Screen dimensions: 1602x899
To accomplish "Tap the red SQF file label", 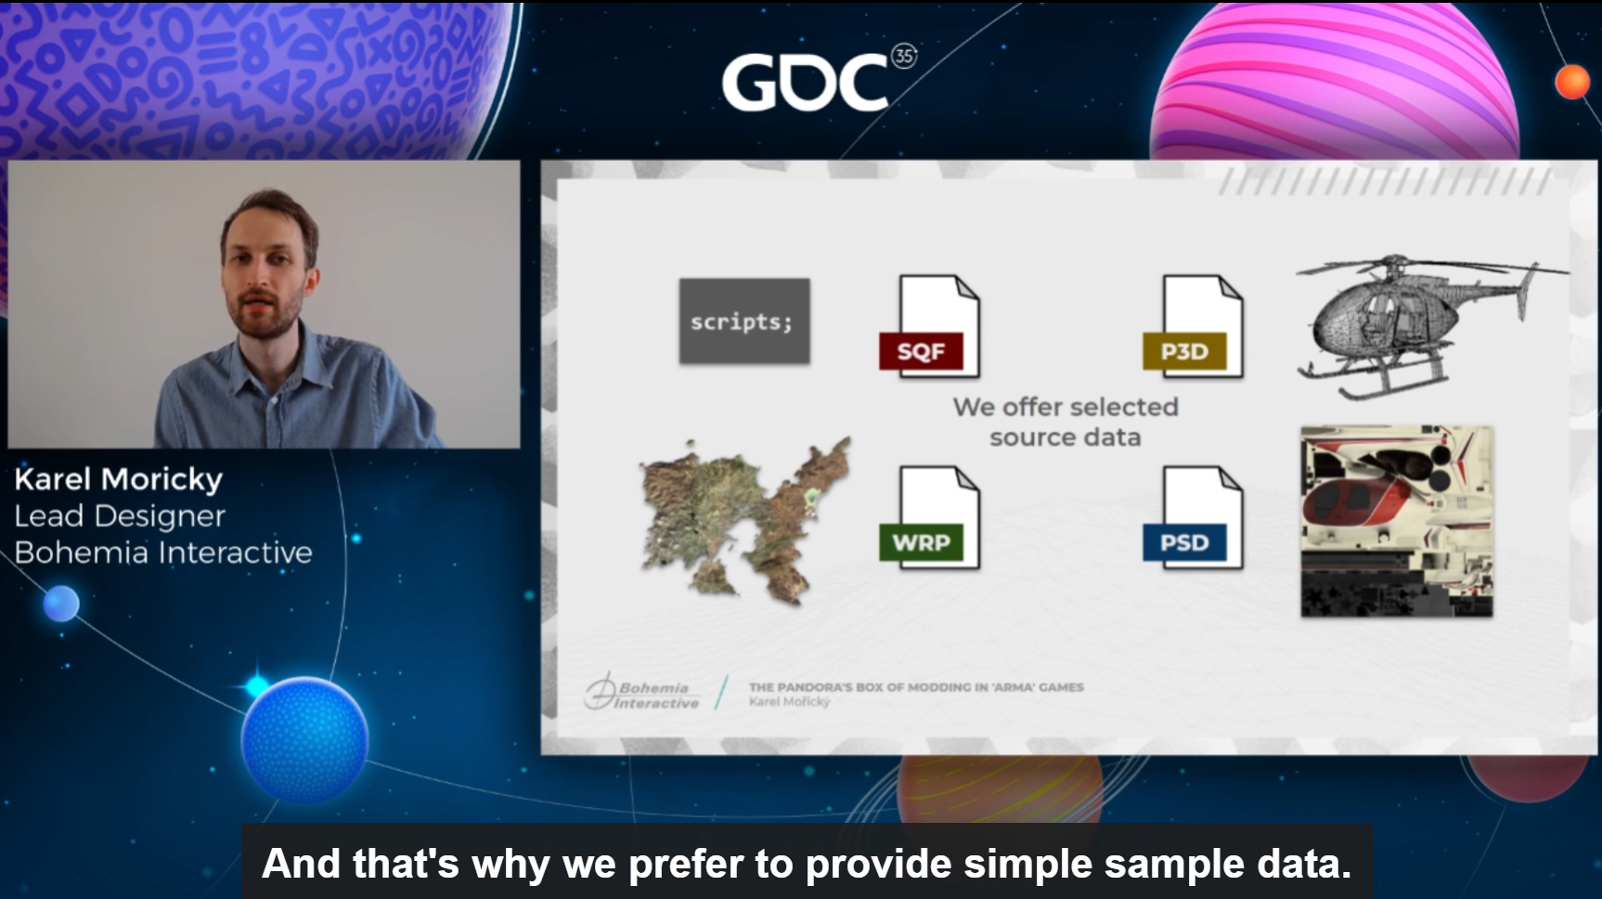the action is click(921, 351).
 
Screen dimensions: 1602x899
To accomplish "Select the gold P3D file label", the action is click(1184, 351).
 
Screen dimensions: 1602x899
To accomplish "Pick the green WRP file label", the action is click(921, 542).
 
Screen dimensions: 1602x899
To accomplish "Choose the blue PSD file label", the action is click(1184, 542).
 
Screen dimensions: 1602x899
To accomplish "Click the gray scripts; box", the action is click(744, 320).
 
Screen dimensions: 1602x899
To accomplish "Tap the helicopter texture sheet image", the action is click(1397, 521).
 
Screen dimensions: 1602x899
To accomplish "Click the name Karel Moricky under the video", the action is click(119, 479).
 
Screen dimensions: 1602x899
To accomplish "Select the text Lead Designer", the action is click(120, 516).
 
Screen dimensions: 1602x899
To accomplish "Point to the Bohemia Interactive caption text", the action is click(163, 553).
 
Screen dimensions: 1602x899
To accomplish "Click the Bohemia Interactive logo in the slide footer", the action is click(641, 693).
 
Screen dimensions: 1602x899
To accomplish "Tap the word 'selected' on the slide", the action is click(1124, 407).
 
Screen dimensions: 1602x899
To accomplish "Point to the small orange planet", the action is click(1572, 82).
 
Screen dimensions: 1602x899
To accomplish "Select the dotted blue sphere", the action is click(304, 740).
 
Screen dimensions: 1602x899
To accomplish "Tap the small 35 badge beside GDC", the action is click(903, 56).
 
